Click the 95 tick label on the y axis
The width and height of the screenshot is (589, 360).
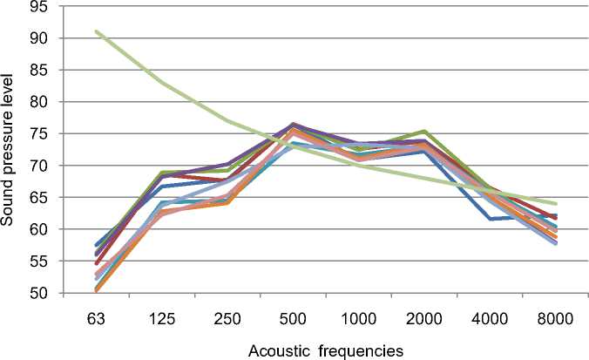click(x=46, y=7)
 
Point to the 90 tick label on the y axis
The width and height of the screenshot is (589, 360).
click(x=46, y=38)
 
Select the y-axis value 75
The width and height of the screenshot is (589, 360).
click(x=46, y=134)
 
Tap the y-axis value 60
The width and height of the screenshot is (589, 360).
click(x=46, y=229)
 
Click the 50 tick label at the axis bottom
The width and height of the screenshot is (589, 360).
click(x=46, y=293)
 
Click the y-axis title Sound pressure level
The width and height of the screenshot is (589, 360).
click(x=11, y=149)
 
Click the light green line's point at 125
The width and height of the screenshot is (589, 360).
click(x=162, y=83)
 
